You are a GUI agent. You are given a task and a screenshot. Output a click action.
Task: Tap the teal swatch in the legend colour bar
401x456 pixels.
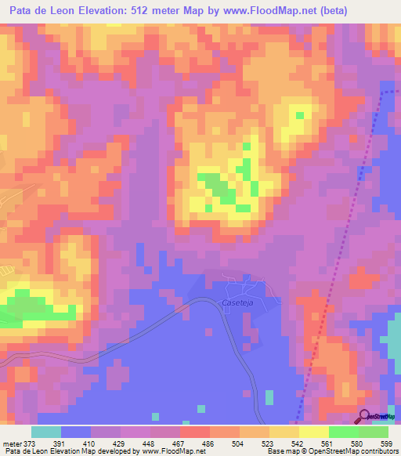coord(46,432)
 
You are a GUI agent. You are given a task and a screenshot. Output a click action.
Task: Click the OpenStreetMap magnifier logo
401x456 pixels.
coord(366,416)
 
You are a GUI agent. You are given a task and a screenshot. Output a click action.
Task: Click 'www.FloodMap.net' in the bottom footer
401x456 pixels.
coord(168,451)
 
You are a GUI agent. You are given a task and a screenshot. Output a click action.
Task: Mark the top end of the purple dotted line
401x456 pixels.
coord(386,92)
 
